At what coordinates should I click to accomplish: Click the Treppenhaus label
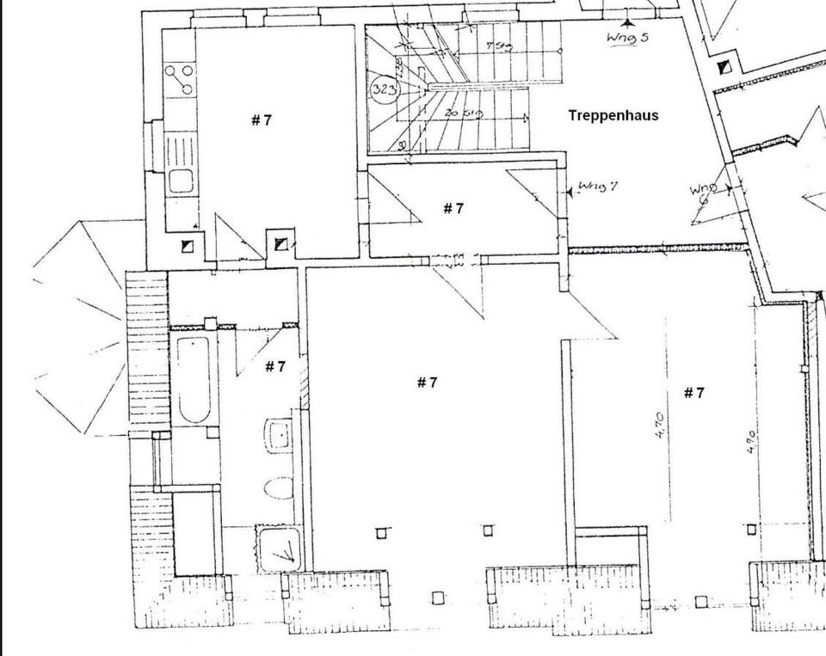point(613,115)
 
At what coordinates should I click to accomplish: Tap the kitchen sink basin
point(180,181)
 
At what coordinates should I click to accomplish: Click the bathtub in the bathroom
point(193,379)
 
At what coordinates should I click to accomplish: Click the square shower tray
point(279,548)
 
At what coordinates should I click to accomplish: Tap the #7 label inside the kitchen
point(262,120)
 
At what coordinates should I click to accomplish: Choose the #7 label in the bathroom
point(274,367)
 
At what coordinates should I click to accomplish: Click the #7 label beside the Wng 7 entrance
point(453,208)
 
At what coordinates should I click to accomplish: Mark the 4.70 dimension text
point(658,426)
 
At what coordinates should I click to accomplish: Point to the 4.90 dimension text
point(750,443)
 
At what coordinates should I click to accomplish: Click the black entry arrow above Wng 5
point(627,21)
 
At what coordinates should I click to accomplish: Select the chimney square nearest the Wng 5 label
point(724,67)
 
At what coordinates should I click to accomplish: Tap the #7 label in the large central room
point(427,383)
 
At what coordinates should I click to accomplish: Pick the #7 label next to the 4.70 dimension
point(693,393)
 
